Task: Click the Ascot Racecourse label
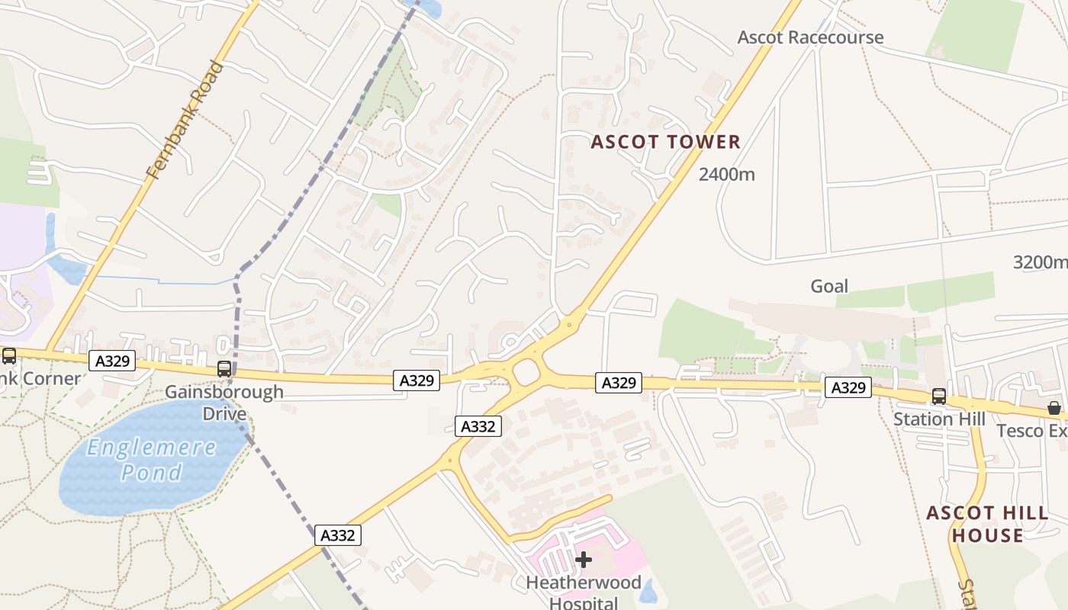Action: click(810, 37)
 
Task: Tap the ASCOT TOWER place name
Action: click(665, 142)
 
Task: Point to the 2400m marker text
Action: click(726, 175)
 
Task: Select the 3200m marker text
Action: click(1040, 263)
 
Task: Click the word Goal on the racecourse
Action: click(828, 286)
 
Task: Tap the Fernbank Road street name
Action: click(185, 120)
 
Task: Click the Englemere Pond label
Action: click(151, 460)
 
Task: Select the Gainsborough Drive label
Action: click(224, 403)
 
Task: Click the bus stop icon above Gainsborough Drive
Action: click(224, 369)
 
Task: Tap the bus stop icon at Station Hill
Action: click(938, 396)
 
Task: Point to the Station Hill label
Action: click(939, 419)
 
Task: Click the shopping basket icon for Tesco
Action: click(1054, 408)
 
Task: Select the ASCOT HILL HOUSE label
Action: click(987, 524)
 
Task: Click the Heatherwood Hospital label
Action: click(584, 592)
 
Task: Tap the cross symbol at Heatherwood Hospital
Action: click(584, 560)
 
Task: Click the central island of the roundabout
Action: click(526, 374)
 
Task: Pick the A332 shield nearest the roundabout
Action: click(479, 426)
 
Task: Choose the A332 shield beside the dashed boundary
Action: click(337, 535)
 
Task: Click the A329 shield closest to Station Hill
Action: click(848, 388)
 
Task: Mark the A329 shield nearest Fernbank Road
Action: click(112, 361)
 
